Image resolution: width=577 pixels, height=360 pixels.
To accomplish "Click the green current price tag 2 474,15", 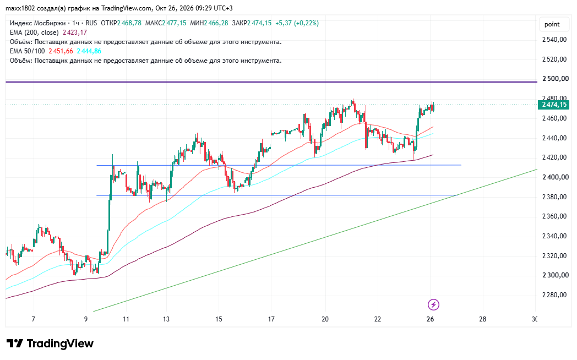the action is click(553, 105).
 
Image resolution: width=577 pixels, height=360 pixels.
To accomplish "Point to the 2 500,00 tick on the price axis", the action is click(556, 79).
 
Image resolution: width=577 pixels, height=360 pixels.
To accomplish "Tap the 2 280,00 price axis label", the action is click(554, 295).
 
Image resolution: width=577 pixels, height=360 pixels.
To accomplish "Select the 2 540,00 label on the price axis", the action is click(554, 40).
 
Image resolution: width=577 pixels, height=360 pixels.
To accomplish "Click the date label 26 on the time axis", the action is click(430, 319).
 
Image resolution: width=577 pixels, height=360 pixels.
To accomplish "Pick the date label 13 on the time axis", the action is click(166, 319).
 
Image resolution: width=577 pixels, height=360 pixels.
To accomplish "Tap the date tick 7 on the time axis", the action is click(34, 319).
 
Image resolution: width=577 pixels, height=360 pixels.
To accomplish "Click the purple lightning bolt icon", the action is click(433, 304).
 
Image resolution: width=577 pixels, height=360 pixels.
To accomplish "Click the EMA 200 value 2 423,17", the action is click(75, 32).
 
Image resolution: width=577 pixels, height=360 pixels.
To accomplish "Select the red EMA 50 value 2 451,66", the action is click(61, 51).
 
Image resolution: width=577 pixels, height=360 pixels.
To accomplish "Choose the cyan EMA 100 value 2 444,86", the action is click(89, 51).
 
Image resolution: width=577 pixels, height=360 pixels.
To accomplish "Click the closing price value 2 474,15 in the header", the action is click(259, 23).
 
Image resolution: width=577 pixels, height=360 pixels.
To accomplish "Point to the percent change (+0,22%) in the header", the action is click(306, 23).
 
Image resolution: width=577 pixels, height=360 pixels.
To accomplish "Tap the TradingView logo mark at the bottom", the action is click(15, 343).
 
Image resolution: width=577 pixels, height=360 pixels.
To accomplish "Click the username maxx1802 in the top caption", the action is click(20, 8).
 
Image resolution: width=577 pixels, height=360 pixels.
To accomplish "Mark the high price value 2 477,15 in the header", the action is click(175, 23).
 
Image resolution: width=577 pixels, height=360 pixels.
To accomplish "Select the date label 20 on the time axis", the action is click(325, 319).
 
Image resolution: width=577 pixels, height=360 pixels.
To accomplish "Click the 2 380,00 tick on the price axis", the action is click(554, 197).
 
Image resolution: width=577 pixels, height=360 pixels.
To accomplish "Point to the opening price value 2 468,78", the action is click(129, 23).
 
